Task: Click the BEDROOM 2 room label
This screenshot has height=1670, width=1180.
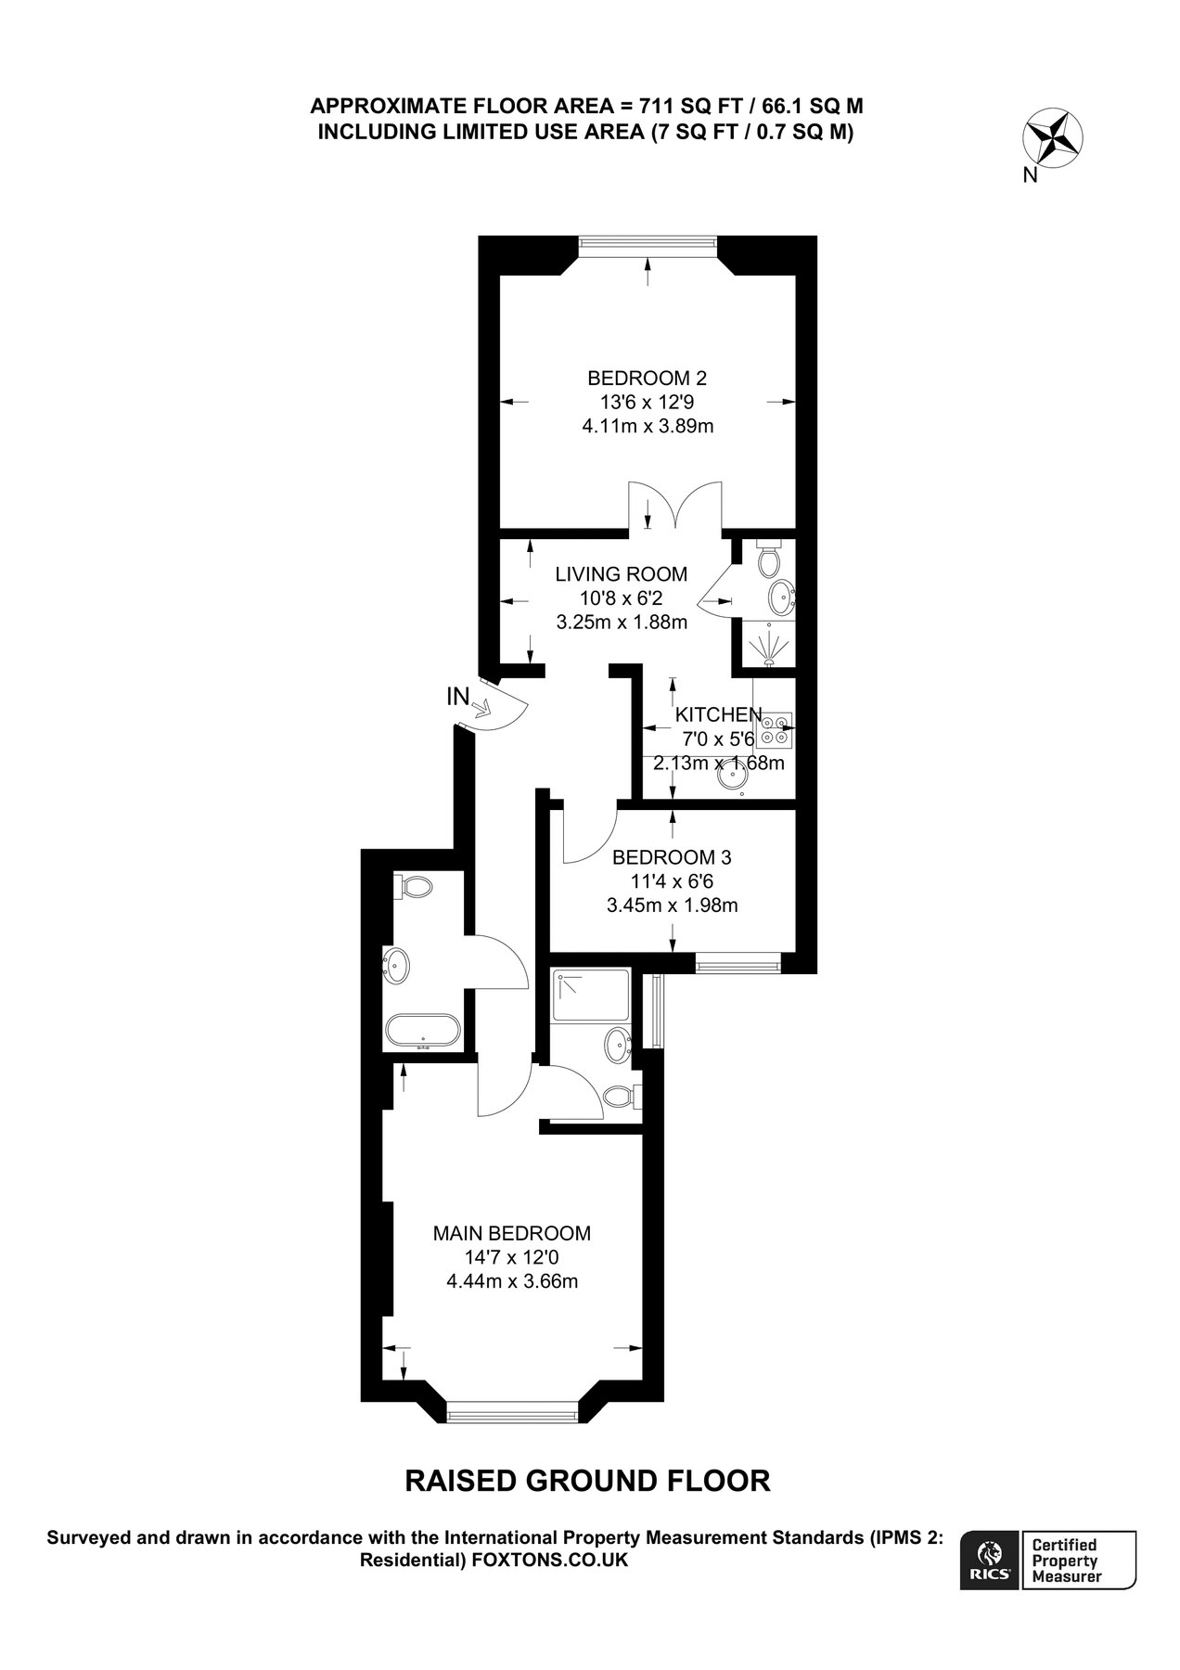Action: (x=647, y=378)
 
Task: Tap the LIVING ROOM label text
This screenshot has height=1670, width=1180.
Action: (x=621, y=574)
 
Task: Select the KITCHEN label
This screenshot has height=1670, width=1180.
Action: (x=718, y=714)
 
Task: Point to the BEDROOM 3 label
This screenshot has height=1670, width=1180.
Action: (x=672, y=857)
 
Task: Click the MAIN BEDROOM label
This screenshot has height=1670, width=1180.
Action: (x=511, y=1233)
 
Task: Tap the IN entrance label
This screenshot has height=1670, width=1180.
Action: (x=458, y=697)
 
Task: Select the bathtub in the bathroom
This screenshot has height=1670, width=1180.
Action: (x=423, y=1031)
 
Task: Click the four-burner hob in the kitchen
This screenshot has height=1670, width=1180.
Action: (x=775, y=729)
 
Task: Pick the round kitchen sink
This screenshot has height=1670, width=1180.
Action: (x=735, y=778)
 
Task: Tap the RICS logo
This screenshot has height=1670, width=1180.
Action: (x=990, y=1561)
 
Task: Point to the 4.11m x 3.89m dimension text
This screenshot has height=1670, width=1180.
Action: (x=647, y=427)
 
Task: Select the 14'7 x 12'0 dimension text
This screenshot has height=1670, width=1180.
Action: (x=511, y=1258)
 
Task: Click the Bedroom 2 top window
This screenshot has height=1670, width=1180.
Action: (x=647, y=244)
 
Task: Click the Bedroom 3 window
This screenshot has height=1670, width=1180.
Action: (x=738, y=965)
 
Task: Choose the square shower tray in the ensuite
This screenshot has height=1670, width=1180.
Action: (x=590, y=996)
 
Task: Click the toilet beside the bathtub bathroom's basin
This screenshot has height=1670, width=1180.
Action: (x=414, y=886)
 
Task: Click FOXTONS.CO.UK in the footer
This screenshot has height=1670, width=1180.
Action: (x=550, y=1561)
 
